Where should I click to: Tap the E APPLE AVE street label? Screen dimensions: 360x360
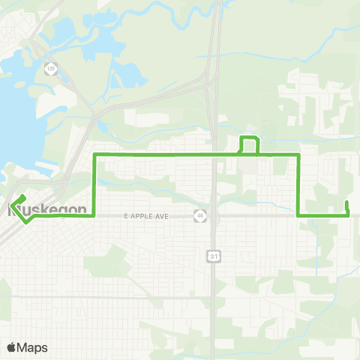145,216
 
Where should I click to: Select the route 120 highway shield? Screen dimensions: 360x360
50,68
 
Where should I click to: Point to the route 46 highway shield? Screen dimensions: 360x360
199,215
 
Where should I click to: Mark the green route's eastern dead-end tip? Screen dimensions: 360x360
346,202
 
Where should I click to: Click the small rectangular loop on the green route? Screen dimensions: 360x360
249,145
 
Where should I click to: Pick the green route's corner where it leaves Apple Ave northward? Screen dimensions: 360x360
94,216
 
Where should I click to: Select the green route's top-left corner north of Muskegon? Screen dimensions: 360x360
94,154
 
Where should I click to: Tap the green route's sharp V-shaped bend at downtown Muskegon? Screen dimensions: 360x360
26,223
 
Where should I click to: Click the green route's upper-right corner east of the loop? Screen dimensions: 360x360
299,154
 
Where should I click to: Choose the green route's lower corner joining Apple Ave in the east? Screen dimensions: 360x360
299,216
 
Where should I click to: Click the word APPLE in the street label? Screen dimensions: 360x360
147,216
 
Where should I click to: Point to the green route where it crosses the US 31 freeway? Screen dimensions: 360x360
214,154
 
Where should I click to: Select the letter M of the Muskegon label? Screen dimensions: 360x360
14,210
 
